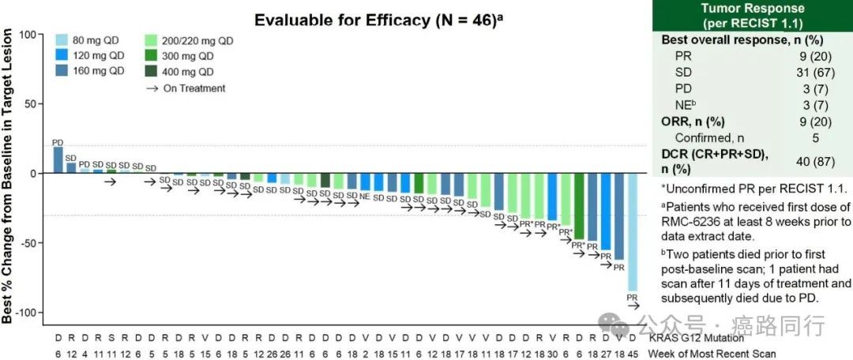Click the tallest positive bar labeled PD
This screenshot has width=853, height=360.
coord(58,159)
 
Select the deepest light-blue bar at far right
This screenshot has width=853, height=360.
coord(632,231)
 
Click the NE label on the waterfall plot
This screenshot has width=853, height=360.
coord(365,195)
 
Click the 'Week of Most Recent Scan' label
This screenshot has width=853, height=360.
coord(712,353)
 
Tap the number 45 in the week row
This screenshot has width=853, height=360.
coord(632,353)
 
